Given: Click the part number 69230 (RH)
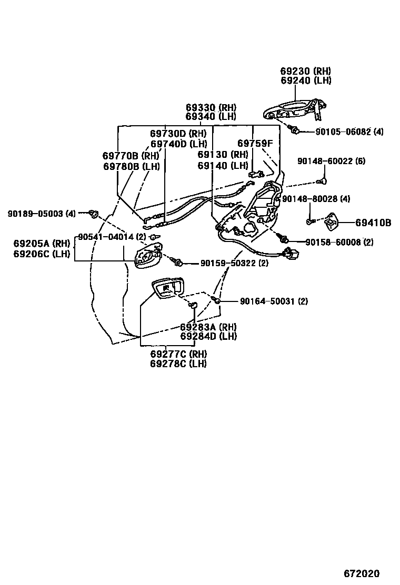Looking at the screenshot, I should click(x=305, y=71).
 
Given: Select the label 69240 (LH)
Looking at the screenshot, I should click(x=305, y=80).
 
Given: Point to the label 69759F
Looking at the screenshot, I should click(x=255, y=143).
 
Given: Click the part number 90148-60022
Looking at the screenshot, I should click(x=324, y=161).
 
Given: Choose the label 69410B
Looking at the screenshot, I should click(x=373, y=223).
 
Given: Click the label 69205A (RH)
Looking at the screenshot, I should click(x=42, y=244).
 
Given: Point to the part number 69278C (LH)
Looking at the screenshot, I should click(x=178, y=364).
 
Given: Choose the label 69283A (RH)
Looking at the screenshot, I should click(x=208, y=327).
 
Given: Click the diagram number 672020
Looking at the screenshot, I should click(x=362, y=573).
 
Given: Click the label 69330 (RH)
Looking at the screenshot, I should click(x=211, y=107).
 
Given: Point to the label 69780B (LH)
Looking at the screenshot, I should click(x=131, y=166).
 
